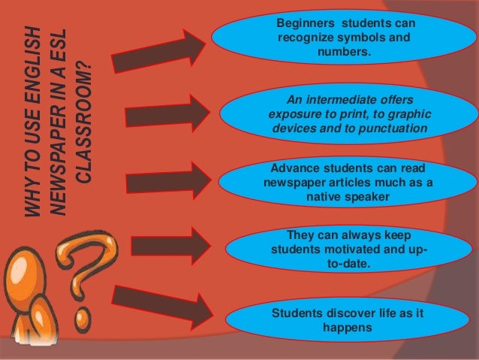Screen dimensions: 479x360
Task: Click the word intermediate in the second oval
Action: [345, 101]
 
